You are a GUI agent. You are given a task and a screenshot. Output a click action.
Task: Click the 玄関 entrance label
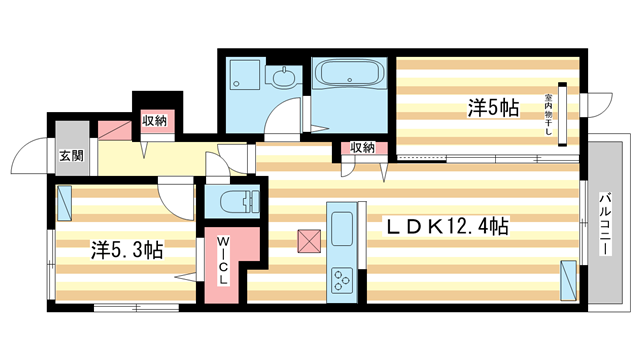70,155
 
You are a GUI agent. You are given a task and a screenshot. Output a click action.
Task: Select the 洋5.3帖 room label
128,250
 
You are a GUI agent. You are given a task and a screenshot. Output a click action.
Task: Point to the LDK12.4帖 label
448,228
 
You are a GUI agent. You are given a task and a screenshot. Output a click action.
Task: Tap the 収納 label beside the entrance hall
153,122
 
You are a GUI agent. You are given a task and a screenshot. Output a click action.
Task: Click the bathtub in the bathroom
347,75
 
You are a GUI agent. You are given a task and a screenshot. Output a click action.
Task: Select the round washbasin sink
284,76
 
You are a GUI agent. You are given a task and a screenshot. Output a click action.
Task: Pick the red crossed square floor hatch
307,241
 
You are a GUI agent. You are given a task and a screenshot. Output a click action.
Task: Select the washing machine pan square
241,75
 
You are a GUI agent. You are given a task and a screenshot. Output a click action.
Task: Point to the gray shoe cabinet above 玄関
70,135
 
